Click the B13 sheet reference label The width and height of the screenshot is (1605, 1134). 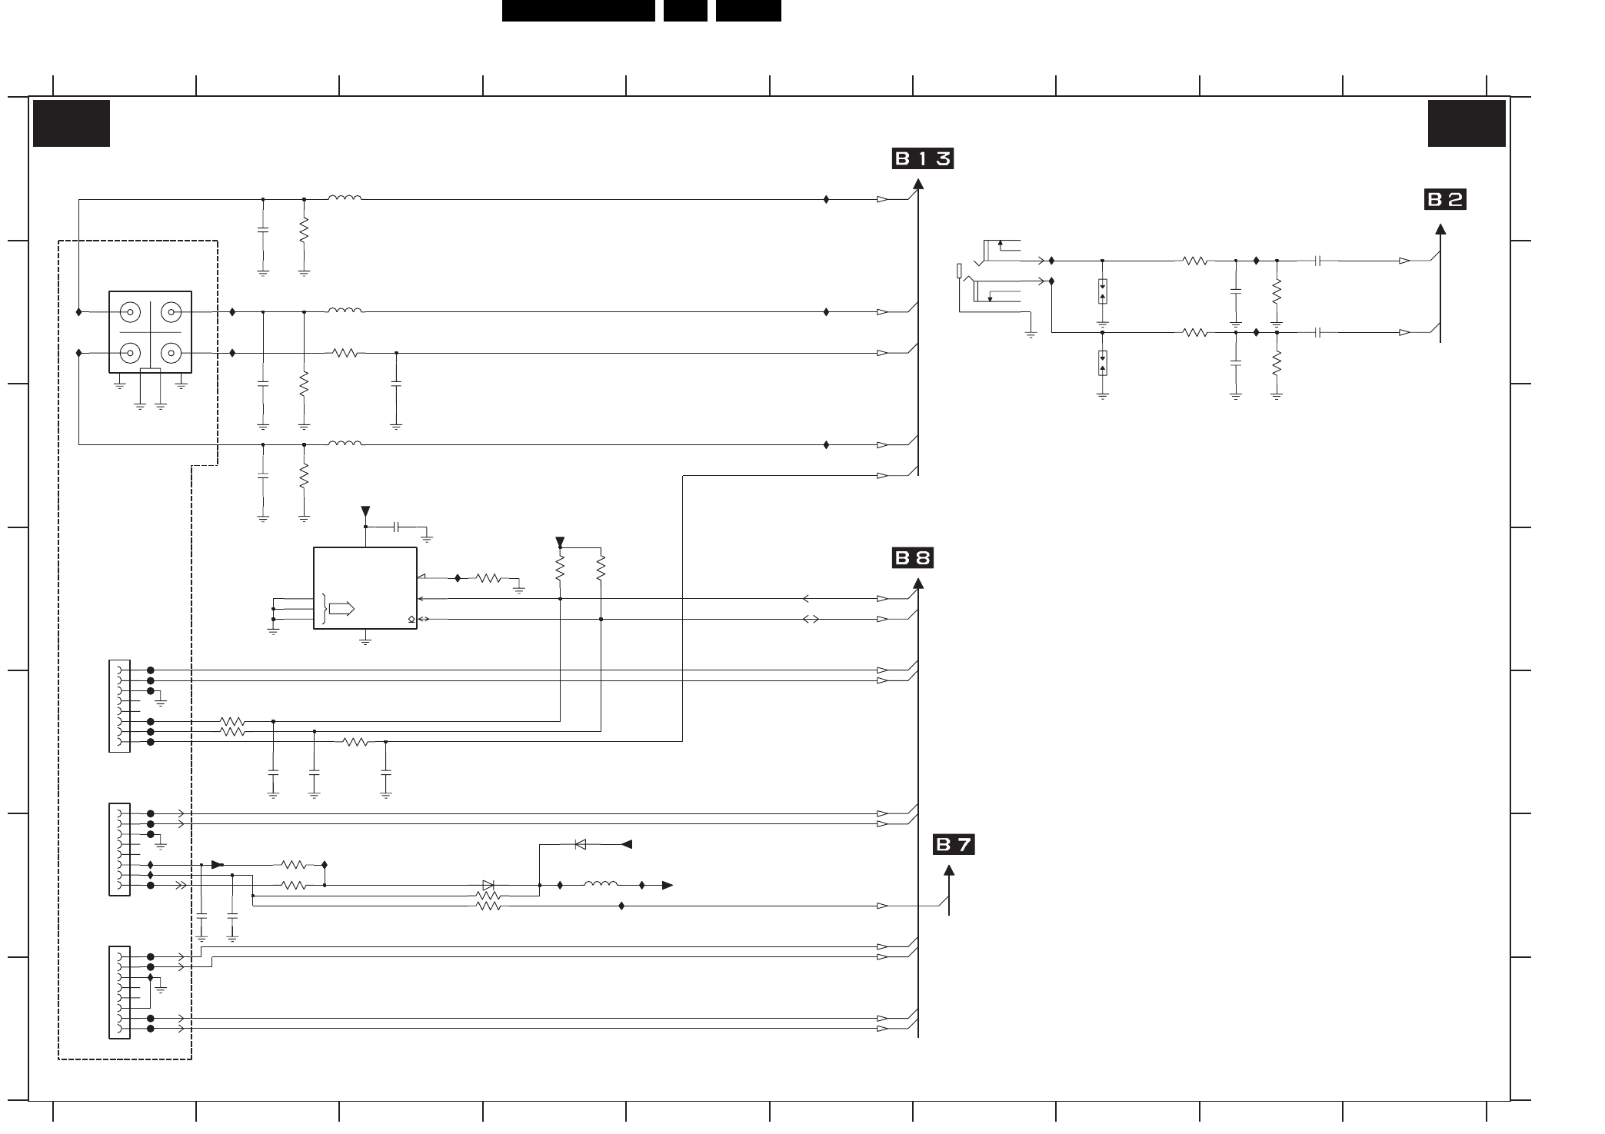pos(922,159)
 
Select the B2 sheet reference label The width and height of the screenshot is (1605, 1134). pos(1445,200)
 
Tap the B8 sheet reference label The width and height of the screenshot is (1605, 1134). pos(912,557)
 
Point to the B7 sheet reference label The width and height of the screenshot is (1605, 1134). pos(954,845)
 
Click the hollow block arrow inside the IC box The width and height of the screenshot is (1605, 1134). pos(341,609)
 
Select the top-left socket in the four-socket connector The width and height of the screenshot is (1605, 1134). pos(130,312)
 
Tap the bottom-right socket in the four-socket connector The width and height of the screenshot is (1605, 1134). pos(170,353)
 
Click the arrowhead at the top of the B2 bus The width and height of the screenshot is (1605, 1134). pos(1440,228)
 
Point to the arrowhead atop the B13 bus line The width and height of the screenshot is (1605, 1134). pos(918,184)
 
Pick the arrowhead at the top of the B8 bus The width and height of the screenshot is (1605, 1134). pos(918,583)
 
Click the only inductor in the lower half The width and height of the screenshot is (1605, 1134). pos(601,885)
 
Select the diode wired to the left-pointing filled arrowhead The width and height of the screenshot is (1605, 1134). pos(581,844)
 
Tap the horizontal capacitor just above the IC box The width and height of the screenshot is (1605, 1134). pos(397,527)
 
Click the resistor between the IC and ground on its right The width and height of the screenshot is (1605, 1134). pos(488,578)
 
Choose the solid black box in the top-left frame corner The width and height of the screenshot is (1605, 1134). pos(72,123)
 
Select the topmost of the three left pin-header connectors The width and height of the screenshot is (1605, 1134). pos(120,706)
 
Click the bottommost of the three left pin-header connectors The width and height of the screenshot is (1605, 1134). pos(120,993)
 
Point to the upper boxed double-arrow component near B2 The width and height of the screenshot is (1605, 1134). pos(1103,291)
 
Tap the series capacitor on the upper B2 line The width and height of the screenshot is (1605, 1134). pos(1318,261)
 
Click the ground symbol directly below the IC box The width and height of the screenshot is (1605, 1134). pos(365,640)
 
